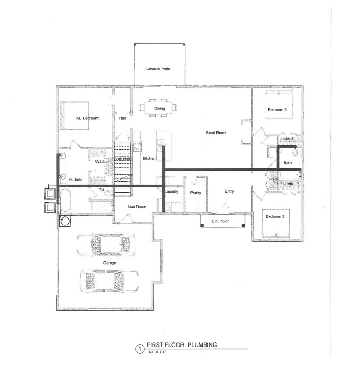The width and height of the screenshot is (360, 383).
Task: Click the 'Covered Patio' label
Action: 158,69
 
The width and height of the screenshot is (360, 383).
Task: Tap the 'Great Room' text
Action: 216,133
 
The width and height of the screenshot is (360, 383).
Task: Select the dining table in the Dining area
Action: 159,108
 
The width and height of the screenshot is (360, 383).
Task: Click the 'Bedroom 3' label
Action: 277,110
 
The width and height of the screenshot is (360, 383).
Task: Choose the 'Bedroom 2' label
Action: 275,216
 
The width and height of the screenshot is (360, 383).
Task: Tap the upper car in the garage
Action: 106,245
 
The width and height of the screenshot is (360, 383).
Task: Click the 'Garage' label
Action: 109,263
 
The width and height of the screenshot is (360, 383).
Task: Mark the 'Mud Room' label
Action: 137,207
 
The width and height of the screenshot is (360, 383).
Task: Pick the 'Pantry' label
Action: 196,193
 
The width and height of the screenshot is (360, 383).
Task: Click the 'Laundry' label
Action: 171,191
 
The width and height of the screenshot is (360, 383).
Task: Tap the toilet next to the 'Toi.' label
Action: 108,193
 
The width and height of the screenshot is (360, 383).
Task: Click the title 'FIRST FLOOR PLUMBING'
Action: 182,345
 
